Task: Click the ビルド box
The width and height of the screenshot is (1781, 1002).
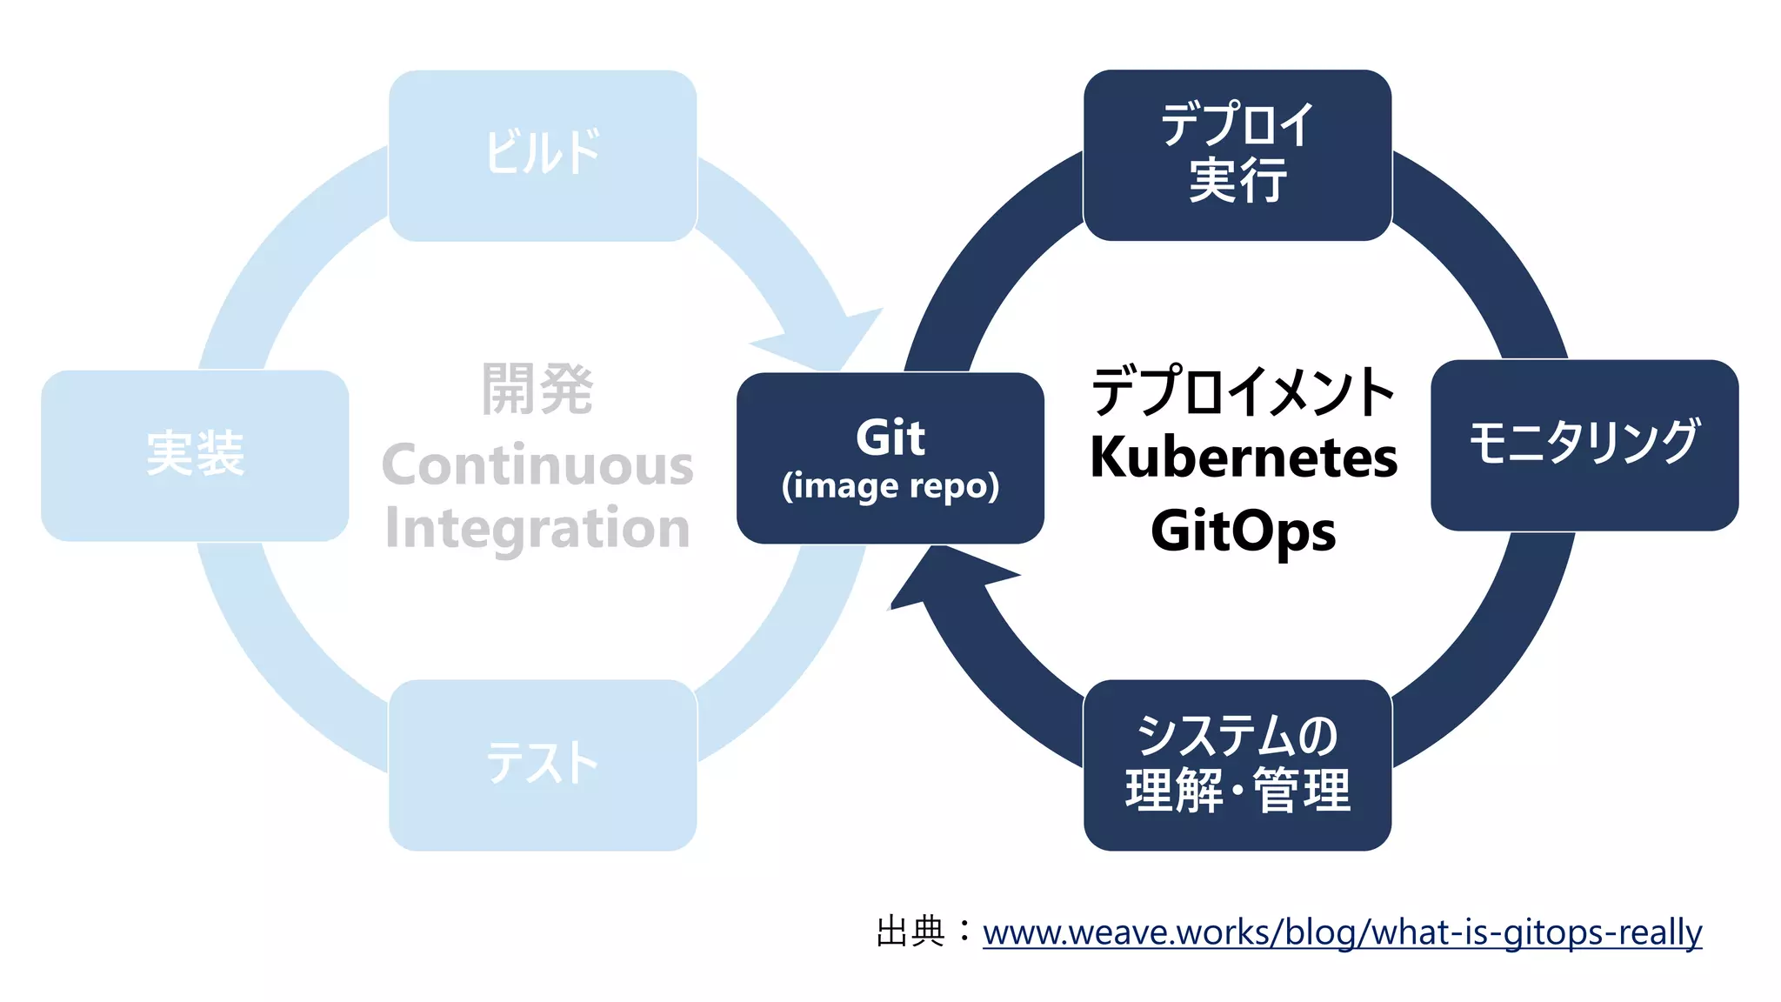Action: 542,155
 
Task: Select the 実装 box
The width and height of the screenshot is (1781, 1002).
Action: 195,455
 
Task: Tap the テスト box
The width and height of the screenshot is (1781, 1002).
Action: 542,765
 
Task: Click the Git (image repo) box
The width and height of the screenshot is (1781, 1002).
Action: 890,458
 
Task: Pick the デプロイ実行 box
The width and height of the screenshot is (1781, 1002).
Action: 1237,155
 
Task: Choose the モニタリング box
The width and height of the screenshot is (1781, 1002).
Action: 1584,444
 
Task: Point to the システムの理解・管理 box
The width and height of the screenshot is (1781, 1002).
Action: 1237,765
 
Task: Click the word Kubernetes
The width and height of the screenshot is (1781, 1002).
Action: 1244,458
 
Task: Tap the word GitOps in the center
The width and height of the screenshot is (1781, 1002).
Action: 1244,531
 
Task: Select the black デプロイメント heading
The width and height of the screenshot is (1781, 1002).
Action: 1244,391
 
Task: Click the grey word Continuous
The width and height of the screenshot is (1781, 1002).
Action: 537,464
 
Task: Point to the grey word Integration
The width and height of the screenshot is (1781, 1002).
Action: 537,528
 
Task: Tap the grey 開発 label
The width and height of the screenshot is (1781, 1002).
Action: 537,389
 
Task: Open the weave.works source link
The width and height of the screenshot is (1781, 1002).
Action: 1342,932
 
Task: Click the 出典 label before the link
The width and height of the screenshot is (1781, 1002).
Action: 911,932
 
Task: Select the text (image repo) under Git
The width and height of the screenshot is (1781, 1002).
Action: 890,486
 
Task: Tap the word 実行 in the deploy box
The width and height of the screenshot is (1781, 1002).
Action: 1237,181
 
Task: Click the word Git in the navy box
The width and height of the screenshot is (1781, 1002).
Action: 890,437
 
